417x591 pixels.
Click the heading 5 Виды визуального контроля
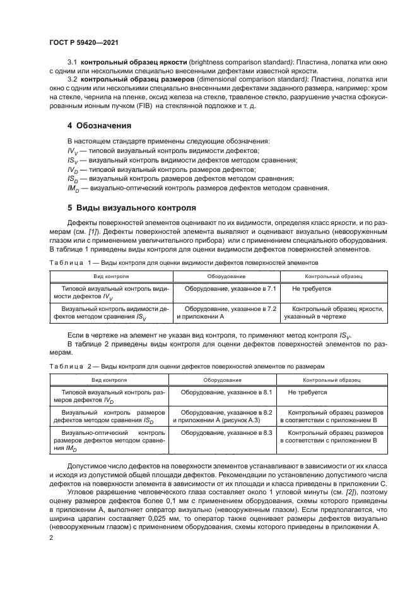[128, 208]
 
